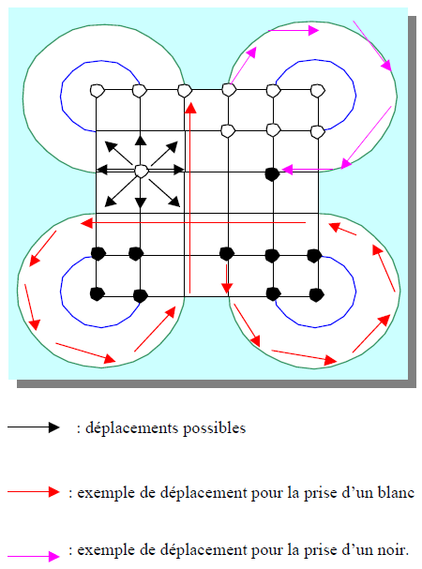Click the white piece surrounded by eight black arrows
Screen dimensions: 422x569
141,171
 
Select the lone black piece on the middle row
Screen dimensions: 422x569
272,174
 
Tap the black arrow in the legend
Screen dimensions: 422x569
34,427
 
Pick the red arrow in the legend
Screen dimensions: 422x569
34,492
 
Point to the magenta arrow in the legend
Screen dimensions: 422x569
34,556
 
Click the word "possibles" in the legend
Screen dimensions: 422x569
214,428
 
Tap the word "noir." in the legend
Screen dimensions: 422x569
392,550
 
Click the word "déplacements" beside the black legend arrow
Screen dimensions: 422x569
131,428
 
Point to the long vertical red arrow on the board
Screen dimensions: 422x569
190,198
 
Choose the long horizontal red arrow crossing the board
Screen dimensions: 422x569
193,222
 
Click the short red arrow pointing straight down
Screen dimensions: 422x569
227,278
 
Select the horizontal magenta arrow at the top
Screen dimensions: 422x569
294,31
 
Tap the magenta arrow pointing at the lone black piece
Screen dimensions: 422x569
308,169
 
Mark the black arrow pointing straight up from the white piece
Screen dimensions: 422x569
141,149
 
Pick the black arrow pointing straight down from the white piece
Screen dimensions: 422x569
141,193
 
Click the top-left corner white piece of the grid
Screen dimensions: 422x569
97,90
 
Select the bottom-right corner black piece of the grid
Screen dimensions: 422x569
316,294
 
